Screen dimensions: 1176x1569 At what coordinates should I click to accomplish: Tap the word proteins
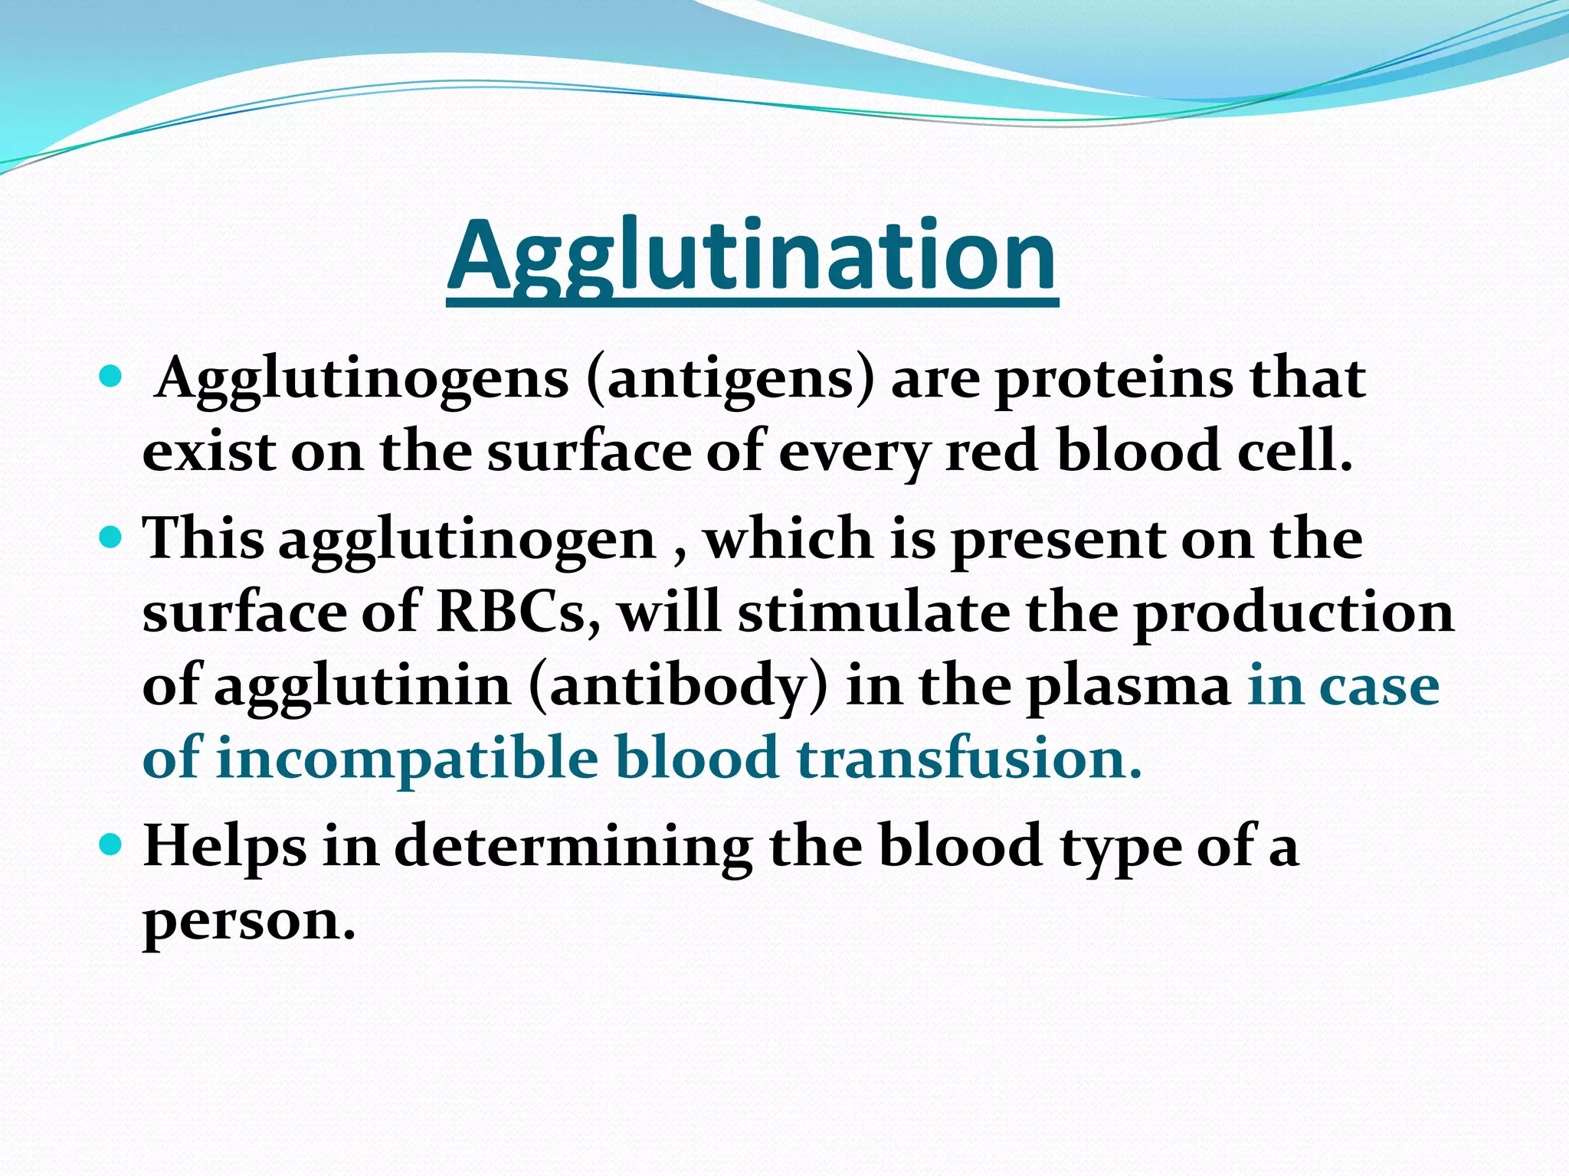point(1115,380)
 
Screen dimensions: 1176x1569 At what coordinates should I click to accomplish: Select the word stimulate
point(874,612)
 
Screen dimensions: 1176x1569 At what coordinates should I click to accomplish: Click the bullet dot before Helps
point(112,844)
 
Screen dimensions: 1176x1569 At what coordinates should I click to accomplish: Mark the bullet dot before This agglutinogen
point(112,537)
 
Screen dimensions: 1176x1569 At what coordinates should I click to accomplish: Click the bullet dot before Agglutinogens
point(112,377)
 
